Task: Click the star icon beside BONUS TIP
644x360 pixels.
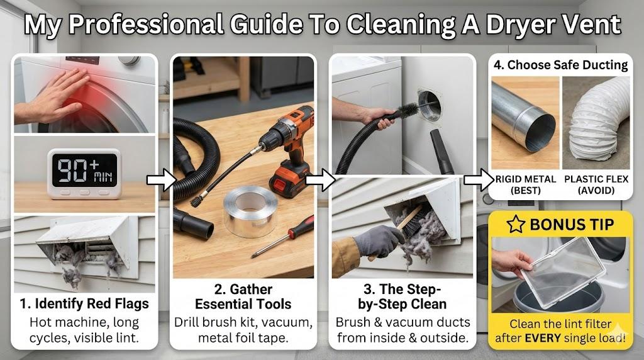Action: [x=516, y=225]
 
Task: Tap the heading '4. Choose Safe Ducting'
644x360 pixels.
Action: [x=560, y=65]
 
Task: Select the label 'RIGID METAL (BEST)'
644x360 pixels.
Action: [x=525, y=185]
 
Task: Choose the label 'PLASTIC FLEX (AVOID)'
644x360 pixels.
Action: [x=596, y=185]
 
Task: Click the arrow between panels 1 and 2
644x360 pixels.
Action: [x=162, y=180]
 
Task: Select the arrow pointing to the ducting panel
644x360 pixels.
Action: [x=479, y=180]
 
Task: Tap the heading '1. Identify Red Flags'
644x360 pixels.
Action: [x=84, y=304]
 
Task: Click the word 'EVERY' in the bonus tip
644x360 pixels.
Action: [x=545, y=338]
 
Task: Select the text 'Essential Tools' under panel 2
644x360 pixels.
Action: [x=243, y=304]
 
